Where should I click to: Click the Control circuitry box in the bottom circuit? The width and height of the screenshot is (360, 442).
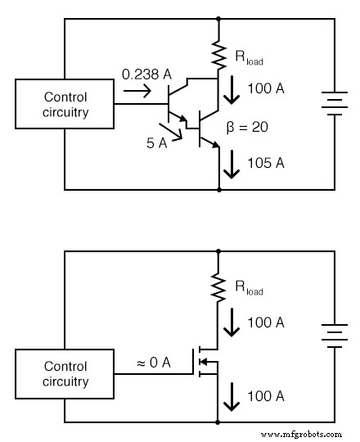tap(65, 374)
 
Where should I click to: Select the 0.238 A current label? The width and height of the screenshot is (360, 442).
tap(146, 75)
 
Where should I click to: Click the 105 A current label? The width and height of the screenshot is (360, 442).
tap(266, 163)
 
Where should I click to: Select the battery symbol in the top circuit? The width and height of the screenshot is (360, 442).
tap(333, 105)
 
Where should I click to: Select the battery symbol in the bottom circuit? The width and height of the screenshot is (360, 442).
tap(333, 336)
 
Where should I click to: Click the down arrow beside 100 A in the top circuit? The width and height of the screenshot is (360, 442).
tap(232, 91)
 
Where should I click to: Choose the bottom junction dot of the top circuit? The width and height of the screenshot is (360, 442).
tap(219, 190)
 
